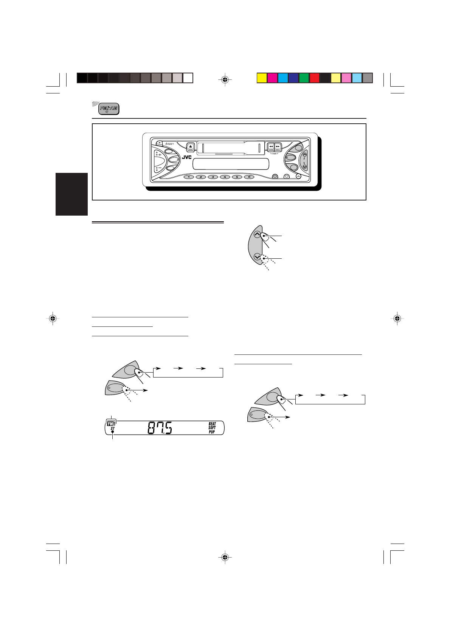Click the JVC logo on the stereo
[x=187, y=157]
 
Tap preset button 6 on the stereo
[x=249, y=177]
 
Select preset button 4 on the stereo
[x=225, y=177]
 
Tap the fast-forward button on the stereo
[x=278, y=147]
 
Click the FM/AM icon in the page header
[x=109, y=109]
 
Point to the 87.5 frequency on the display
[x=159, y=428]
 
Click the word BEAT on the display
[x=212, y=424]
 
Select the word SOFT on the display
[x=212, y=428]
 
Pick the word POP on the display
[x=212, y=432]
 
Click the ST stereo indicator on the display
[x=112, y=429]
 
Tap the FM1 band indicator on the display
[x=111, y=424]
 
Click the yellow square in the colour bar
[x=262, y=78]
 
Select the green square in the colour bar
[x=304, y=78]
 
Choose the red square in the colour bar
[x=315, y=78]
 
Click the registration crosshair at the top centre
[x=225, y=80]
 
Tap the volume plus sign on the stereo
[x=160, y=155]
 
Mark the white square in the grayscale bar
[x=188, y=78]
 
